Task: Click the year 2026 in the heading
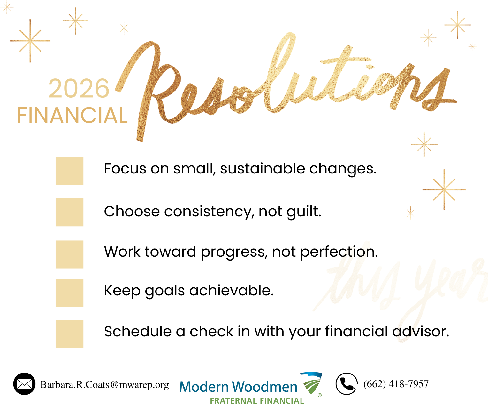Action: point(79,88)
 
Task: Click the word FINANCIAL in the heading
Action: point(72,115)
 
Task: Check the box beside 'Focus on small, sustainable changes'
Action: point(69,171)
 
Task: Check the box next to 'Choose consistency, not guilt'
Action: point(69,212)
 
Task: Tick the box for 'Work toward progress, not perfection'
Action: point(69,254)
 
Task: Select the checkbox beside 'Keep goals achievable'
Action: point(69,293)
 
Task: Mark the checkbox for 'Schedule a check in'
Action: point(69,334)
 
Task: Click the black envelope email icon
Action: point(24,384)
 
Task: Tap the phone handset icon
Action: point(347,384)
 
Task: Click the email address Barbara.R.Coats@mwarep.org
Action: point(104,385)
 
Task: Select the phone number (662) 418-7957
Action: point(396,384)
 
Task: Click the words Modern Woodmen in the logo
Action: point(238,387)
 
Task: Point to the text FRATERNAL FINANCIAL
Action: point(257,401)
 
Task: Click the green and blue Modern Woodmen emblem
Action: point(311,383)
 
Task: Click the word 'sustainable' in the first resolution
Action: point(263,169)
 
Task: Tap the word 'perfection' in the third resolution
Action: point(339,252)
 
